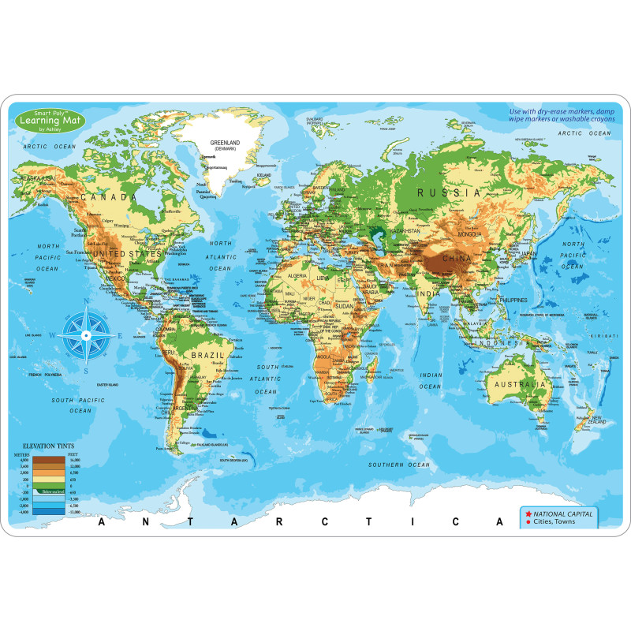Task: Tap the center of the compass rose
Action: click(88, 334)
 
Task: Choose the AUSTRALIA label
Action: click(518, 384)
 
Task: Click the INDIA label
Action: click(429, 294)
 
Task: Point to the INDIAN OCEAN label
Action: click(431, 381)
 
